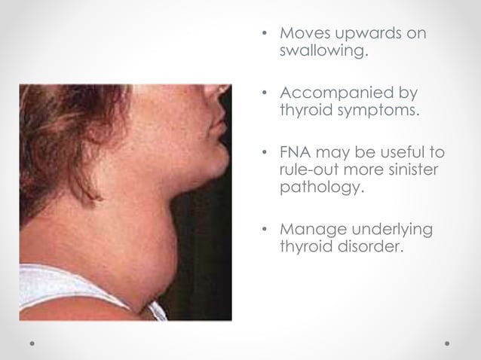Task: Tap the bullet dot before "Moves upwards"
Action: click(264, 35)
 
